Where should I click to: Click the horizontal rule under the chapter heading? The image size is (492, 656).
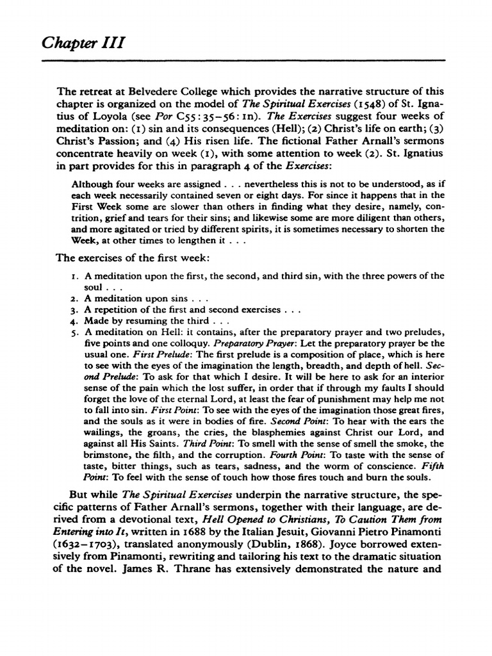pyautogui.click(x=246, y=60)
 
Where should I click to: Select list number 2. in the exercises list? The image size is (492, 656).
pyautogui.click(x=73, y=299)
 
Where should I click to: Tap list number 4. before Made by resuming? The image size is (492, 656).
pyautogui.click(x=73, y=320)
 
